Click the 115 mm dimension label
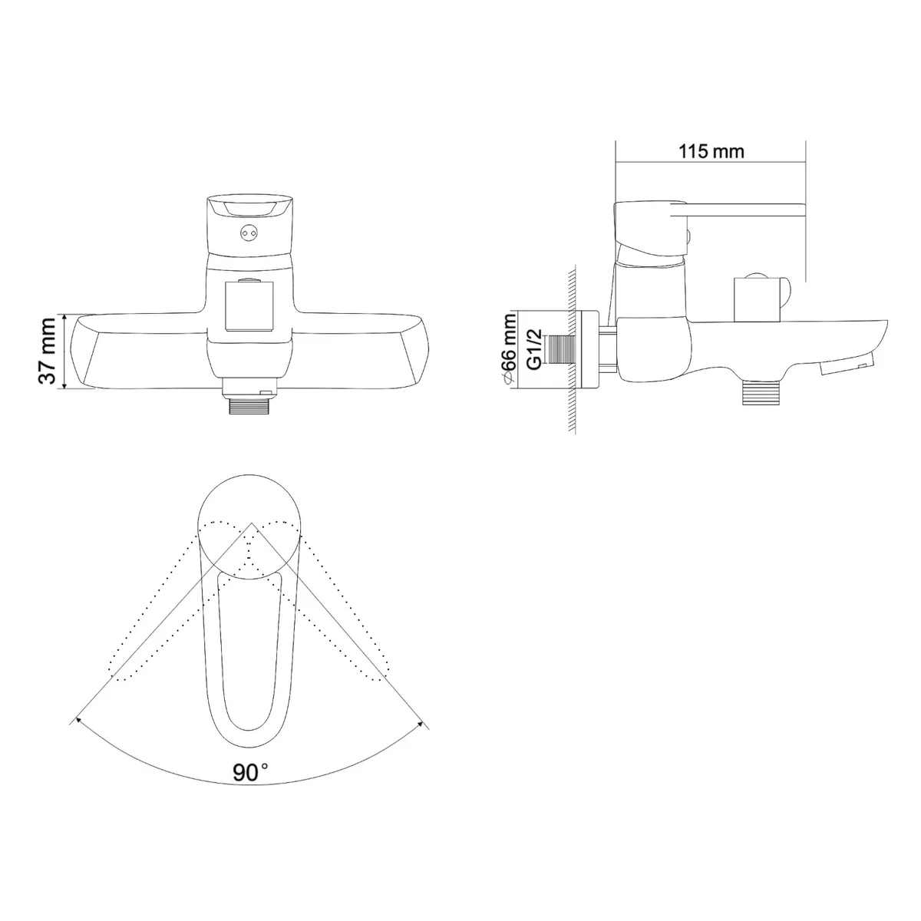pos(711,151)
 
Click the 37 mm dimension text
pos(48,351)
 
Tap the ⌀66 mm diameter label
pos(510,348)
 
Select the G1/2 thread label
pos(534,349)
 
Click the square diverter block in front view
pos(249,306)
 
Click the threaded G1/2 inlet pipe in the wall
pos(561,350)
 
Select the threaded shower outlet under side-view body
pos(763,393)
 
